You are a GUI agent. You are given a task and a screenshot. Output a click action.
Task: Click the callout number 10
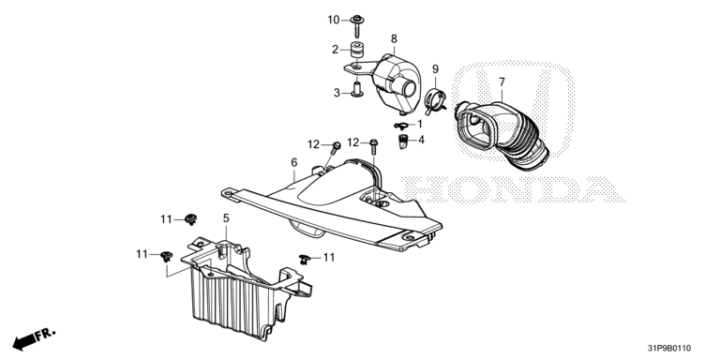[x=334, y=20]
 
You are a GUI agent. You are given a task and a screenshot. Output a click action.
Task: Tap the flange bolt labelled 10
[x=357, y=25]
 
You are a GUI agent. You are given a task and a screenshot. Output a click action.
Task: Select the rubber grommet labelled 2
[x=356, y=50]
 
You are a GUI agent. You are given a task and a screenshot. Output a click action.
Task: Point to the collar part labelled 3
[x=356, y=89]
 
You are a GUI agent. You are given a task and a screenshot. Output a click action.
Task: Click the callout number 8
[x=394, y=38]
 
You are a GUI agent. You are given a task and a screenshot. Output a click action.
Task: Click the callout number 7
[x=502, y=82]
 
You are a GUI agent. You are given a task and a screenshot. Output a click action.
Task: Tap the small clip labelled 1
[x=401, y=125]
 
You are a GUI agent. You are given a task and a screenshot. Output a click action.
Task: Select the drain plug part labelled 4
[x=404, y=142]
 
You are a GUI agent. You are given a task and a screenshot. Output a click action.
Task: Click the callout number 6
[x=293, y=162]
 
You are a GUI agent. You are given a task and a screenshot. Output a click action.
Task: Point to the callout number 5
[x=226, y=218]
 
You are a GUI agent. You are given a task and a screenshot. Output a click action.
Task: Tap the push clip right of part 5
[x=305, y=259]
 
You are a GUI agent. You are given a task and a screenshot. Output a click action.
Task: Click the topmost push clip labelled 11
[x=190, y=218]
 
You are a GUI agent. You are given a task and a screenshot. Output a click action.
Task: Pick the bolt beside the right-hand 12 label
[x=373, y=146]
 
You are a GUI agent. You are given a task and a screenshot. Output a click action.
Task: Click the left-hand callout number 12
[x=314, y=144]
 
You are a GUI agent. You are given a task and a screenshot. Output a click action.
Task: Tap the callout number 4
[x=421, y=139]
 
